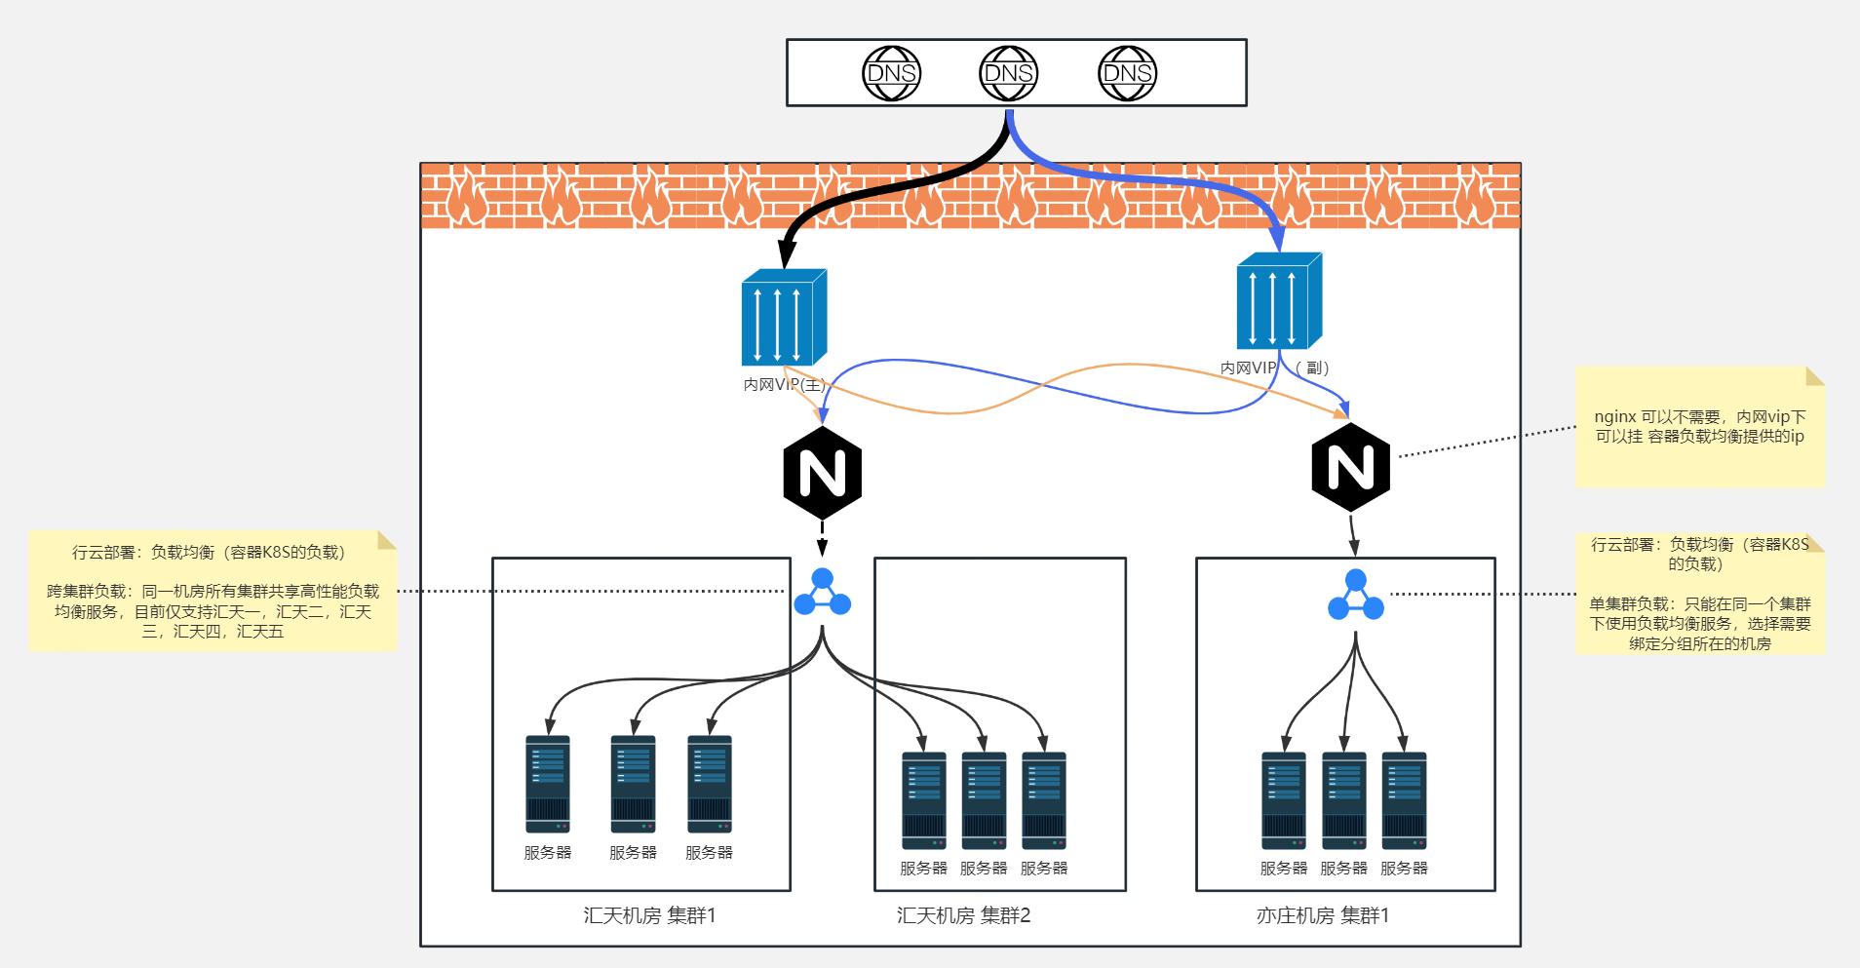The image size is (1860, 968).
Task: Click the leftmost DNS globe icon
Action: (x=891, y=73)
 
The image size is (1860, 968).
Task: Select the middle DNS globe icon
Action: (x=1008, y=73)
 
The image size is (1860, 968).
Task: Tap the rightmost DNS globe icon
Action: (x=1127, y=73)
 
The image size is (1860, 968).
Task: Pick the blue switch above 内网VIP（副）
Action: (x=1279, y=301)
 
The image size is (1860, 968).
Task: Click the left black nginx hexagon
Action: (x=822, y=473)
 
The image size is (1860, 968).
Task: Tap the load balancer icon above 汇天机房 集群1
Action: (x=822, y=593)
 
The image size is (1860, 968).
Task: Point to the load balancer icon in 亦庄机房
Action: (x=1355, y=596)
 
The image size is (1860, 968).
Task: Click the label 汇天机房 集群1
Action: (x=649, y=915)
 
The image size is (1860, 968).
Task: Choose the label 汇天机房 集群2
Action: (x=963, y=915)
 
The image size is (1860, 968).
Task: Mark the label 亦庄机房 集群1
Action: (x=1322, y=915)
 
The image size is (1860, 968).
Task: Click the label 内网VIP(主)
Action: (x=784, y=385)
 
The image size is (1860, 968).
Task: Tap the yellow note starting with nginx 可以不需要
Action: (x=1699, y=427)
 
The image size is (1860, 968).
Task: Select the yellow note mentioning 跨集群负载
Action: (x=213, y=591)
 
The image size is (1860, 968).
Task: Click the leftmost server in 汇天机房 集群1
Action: (x=547, y=784)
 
